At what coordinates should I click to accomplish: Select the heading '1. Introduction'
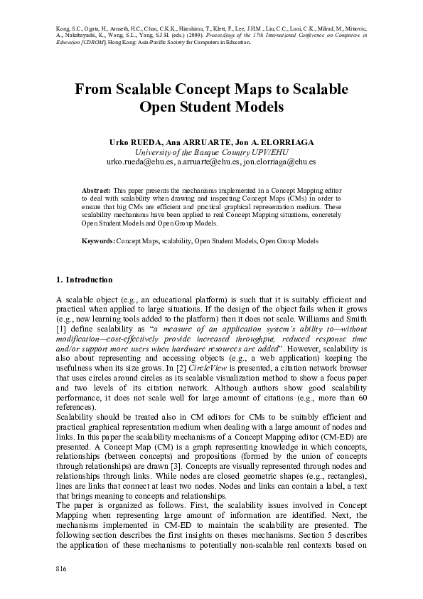[x=84, y=280]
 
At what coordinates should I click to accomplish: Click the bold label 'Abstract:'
[x=96, y=191]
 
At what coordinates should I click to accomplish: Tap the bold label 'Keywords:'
[x=98, y=241]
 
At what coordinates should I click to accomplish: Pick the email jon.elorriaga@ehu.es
[x=279, y=162]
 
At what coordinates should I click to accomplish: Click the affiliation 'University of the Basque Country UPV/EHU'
[x=211, y=152]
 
